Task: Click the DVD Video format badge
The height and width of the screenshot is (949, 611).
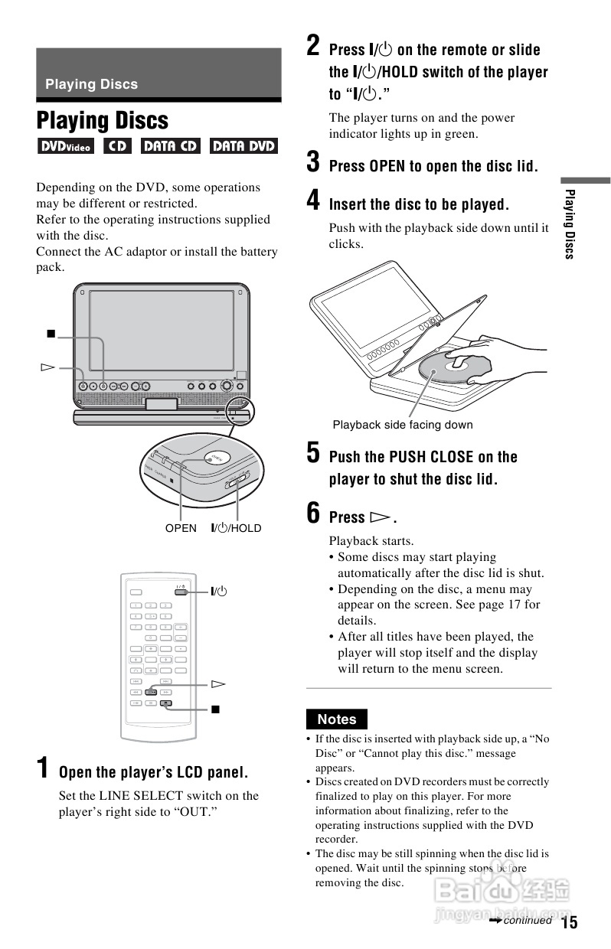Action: click(65, 145)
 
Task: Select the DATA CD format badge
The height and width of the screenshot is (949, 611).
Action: click(169, 145)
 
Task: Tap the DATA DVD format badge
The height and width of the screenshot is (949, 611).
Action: click(243, 145)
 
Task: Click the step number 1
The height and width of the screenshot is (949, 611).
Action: click(45, 768)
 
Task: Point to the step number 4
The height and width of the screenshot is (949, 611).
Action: click(313, 201)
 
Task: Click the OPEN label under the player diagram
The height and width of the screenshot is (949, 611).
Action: click(181, 528)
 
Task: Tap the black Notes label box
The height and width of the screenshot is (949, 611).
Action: click(336, 719)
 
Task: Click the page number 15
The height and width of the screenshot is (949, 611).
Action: click(569, 921)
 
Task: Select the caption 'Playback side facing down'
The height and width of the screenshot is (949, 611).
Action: click(403, 425)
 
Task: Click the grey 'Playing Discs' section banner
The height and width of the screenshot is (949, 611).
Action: click(158, 74)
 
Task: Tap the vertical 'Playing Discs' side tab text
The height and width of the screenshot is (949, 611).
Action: click(569, 223)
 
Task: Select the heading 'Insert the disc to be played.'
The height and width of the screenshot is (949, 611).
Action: click(418, 204)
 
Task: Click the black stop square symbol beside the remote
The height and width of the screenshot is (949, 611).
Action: click(216, 709)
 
